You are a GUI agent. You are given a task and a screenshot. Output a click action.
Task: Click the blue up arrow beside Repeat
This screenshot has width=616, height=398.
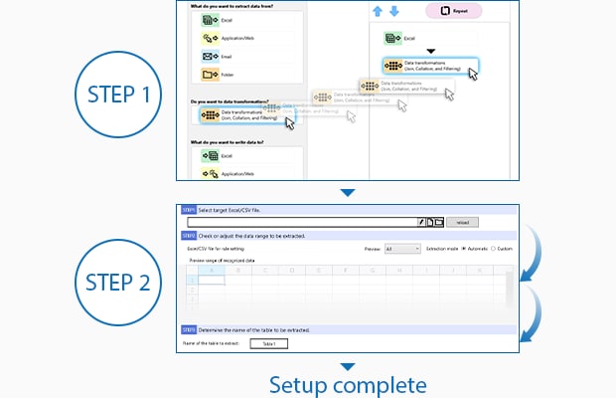(379, 11)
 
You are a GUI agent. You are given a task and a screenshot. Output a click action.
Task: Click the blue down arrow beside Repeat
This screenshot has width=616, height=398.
(393, 11)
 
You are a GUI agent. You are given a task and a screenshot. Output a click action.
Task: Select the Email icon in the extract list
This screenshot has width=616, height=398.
(211, 56)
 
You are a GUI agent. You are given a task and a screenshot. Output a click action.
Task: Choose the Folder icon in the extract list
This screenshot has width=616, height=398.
(211, 74)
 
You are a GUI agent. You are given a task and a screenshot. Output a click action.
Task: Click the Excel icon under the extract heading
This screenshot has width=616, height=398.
(211, 20)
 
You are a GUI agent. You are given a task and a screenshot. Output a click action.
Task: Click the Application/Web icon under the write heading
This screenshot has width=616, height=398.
(211, 173)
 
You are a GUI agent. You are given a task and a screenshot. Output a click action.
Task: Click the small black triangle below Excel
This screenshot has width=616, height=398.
(430, 51)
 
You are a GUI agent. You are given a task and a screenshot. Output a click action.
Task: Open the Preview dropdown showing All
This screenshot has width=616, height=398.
(401, 248)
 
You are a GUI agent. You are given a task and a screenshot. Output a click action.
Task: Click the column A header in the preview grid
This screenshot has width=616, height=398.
(212, 270)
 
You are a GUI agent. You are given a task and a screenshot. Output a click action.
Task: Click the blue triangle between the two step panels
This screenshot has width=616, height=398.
(346, 193)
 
